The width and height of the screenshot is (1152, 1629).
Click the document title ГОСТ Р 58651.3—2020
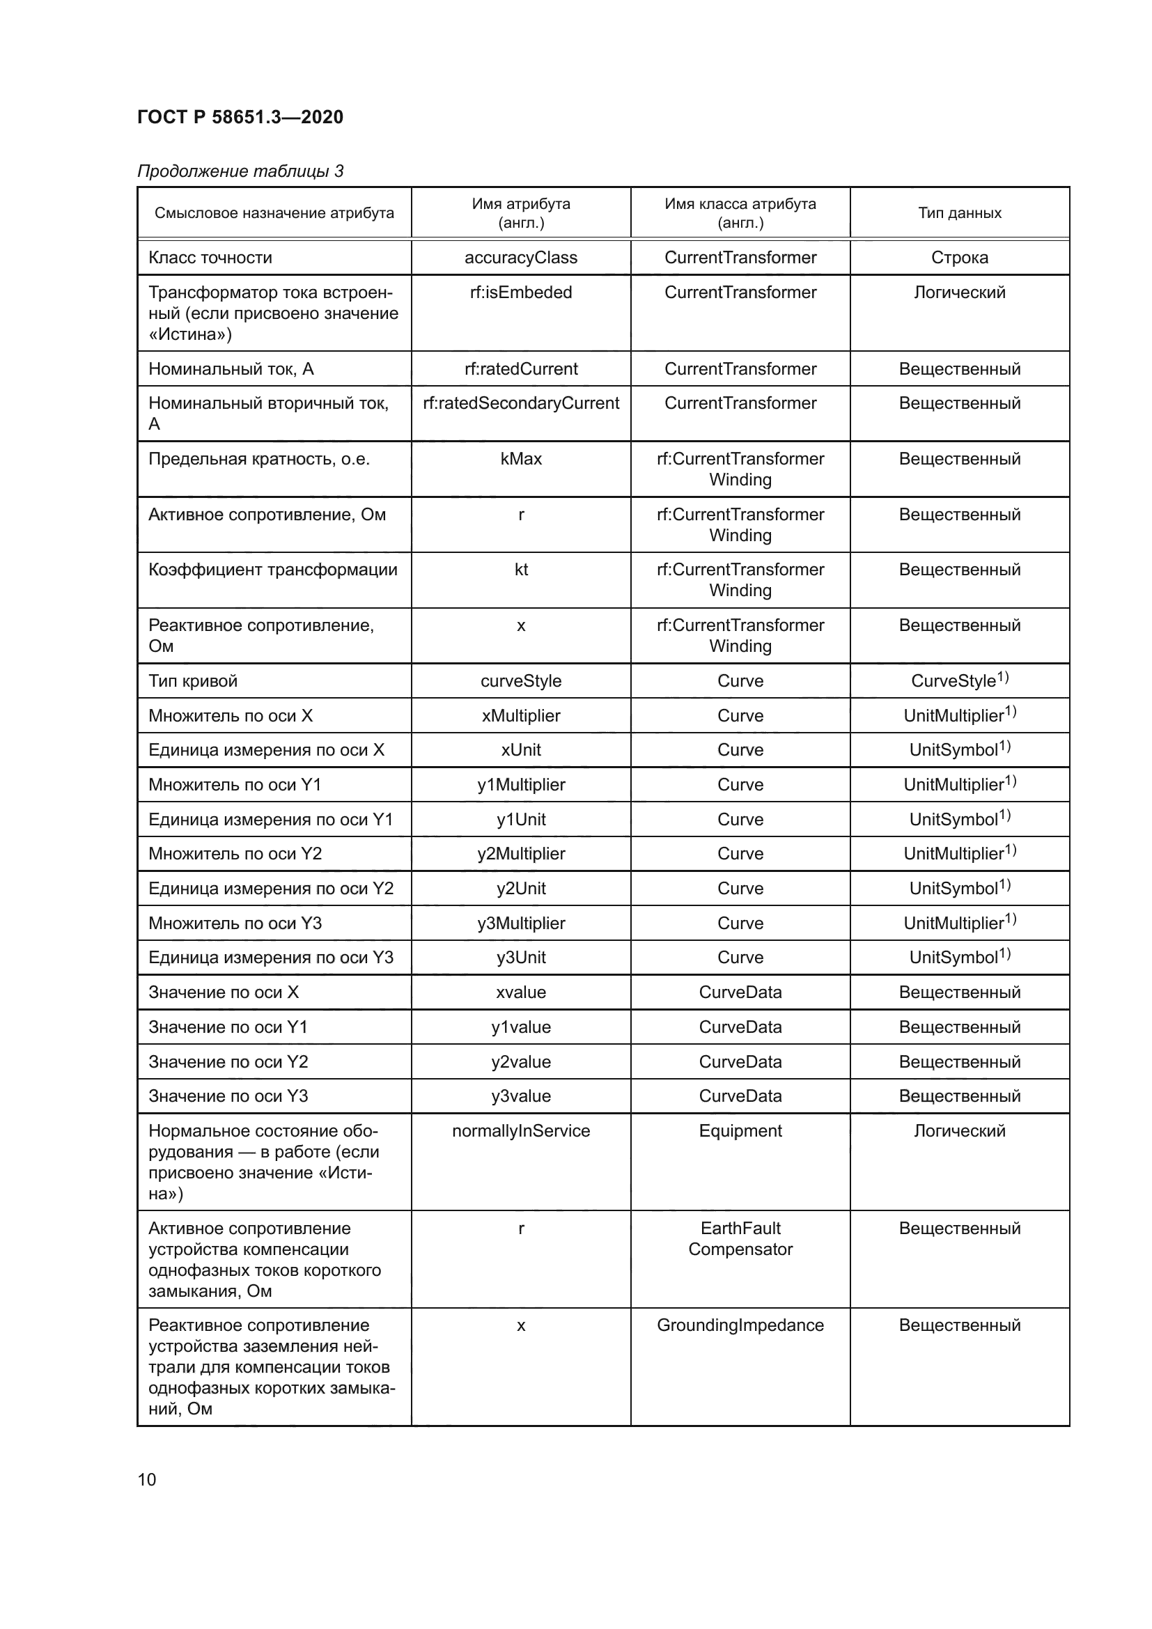pyautogui.click(x=240, y=117)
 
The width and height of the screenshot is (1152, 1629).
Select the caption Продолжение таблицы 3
pyautogui.click(x=240, y=171)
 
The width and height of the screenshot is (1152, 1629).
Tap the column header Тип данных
pyautogui.click(x=959, y=213)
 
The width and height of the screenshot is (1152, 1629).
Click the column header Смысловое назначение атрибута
pyautogui.click(x=274, y=213)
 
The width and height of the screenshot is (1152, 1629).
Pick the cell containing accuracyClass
pyautogui.click(x=521, y=258)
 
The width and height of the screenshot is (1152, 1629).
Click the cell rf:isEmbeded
pyautogui.click(x=521, y=293)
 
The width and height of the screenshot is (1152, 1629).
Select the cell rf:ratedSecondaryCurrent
pyautogui.click(x=521, y=403)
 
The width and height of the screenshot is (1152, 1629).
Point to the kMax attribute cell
pyautogui.click(x=521, y=459)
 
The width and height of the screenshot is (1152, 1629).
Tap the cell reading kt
pyautogui.click(x=521, y=570)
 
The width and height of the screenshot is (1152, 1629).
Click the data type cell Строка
pyautogui.click(x=959, y=258)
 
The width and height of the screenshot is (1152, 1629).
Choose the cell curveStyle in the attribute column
pyautogui.click(x=521, y=681)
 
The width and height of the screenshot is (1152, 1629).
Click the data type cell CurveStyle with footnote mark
pyautogui.click(x=959, y=681)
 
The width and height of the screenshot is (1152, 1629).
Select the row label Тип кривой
pyautogui.click(x=193, y=681)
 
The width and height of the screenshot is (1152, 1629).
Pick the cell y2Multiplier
pyautogui.click(x=521, y=854)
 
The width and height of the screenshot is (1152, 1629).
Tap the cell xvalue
pyautogui.click(x=521, y=992)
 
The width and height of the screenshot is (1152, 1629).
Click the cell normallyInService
pyautogui.click(x=521, y=1131)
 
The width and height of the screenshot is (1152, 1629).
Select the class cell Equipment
pyautogui.click(x=740, y=1131)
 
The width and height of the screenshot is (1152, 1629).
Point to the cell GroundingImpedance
pyautogui.click(x=740, y=1325)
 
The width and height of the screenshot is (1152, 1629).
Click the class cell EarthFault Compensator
pyautogui.click(x=740, y=1239)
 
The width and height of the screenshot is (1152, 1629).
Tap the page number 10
pyautogui.click(x=147, y=1480)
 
